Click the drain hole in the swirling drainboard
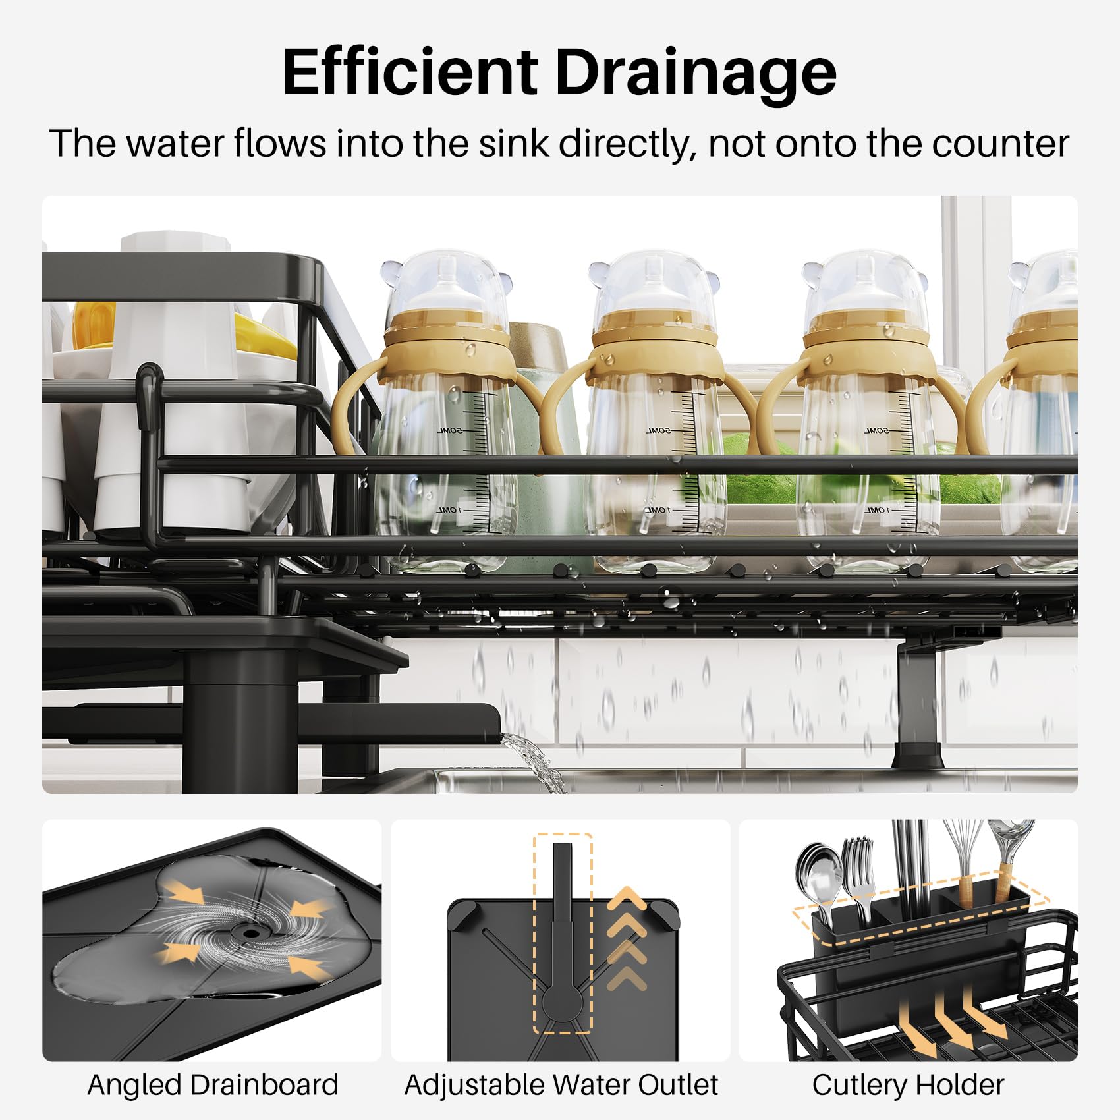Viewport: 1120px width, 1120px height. (250, 932)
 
